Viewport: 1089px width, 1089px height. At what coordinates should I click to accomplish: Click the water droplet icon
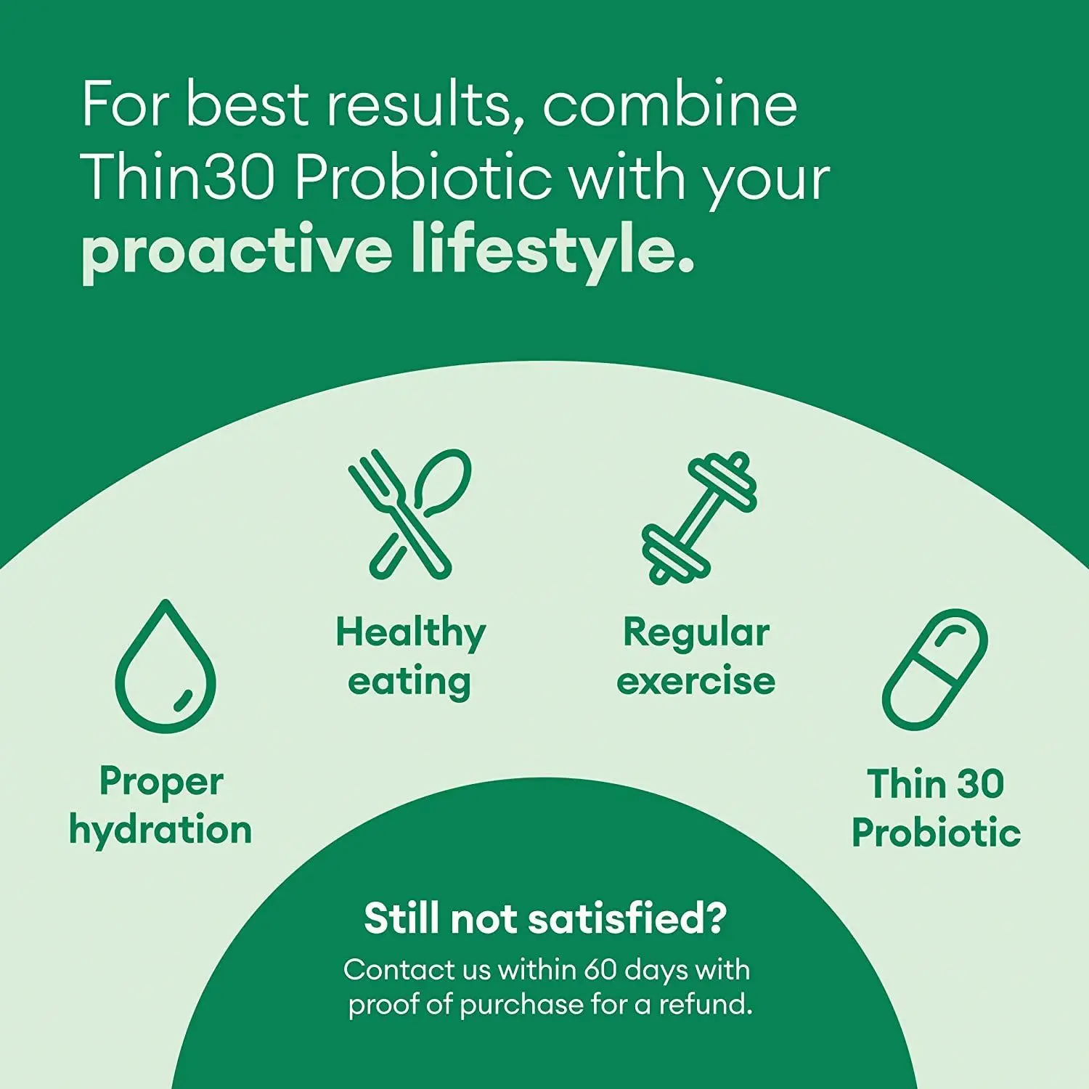point(166,667)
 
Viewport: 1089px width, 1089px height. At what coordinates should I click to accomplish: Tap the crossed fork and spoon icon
point(409,513)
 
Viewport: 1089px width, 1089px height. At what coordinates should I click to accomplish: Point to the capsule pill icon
point(935,669)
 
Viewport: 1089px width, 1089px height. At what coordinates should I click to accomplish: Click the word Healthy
point(410,632)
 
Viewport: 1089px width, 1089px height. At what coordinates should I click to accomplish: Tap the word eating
point(409,682)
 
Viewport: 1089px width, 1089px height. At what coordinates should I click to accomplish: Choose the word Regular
point(696,632)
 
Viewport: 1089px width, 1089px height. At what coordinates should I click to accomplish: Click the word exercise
point(696,681)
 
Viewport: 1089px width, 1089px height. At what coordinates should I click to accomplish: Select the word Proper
point(161,783)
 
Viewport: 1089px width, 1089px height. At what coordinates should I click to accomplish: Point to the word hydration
point(160,831)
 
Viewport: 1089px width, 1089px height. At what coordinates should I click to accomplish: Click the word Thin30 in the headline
point(179,177)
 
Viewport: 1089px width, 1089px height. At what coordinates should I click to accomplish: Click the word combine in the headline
point(669,105)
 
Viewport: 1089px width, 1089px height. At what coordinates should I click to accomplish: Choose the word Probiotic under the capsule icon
point(936,833)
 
